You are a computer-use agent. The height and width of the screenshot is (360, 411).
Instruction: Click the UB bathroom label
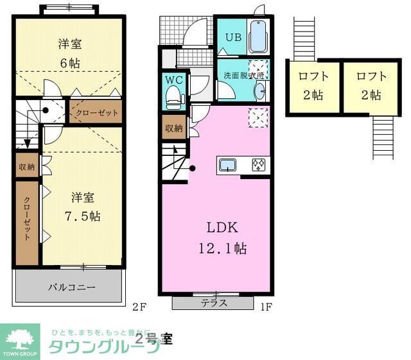click(x=232, y=37)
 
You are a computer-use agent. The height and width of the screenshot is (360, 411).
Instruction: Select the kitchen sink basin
click(x=229, y=165)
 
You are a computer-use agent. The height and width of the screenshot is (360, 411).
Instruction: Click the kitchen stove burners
click(x=259, y=165)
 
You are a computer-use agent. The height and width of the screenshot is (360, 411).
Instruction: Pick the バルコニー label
click(x=71, y=287)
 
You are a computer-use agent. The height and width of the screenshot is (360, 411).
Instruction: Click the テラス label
click(x=214, y=303)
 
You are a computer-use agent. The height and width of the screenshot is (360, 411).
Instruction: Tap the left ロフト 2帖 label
click(x=313, y=85)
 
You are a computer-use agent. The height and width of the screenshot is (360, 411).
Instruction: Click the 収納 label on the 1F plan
click(x=173, y=128)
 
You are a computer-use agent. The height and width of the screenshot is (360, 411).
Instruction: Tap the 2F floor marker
click(x=139, y=307)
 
